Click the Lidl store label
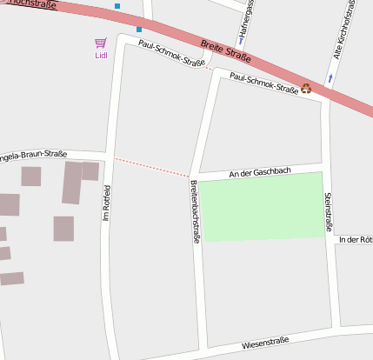[101, 56]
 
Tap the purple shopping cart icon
[101, 43]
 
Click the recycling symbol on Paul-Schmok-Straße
[306, 88]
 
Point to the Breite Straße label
[225, 50]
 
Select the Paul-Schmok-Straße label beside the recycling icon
[263, 83]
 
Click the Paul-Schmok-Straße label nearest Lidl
[171, 55]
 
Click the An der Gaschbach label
[259, 172]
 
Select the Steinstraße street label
[329, 212]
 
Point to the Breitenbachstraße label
[195, 212]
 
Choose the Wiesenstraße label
[265, 343]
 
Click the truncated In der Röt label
[356, 239]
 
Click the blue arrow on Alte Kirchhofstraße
[330, 79]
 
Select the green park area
[262, 206]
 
